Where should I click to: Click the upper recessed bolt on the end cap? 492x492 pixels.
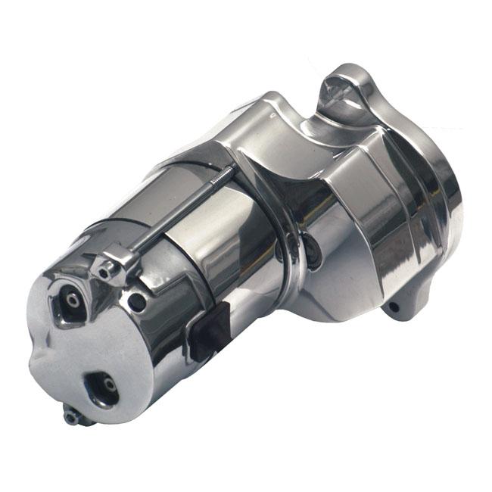pos(71,299)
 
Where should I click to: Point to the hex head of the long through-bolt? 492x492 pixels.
pos(103,266)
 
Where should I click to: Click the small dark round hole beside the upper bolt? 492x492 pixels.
pos(138,302)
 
